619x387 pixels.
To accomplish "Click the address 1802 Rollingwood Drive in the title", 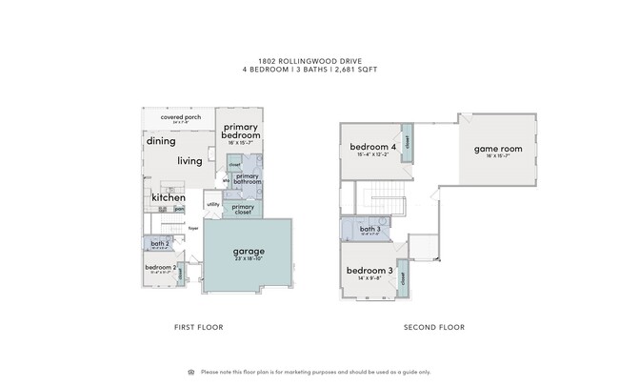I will coord(309,60).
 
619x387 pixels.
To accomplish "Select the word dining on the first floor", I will coord(161,141).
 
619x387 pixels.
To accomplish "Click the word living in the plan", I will coord(190,161).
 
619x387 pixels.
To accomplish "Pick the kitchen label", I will coord(169,197).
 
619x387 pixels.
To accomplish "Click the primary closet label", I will coord(242,209).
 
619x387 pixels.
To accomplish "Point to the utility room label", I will coord(212,204).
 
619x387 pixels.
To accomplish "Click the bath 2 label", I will coord(159,244).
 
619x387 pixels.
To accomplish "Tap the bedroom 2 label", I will coord(160,267).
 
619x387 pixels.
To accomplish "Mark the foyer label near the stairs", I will coord(192,229).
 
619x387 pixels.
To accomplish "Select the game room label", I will coord(499,149).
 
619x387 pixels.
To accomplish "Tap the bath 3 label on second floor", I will coord(370,230).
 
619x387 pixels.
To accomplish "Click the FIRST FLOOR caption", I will coord(198,328).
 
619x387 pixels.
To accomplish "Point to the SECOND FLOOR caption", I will coord(433,328).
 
